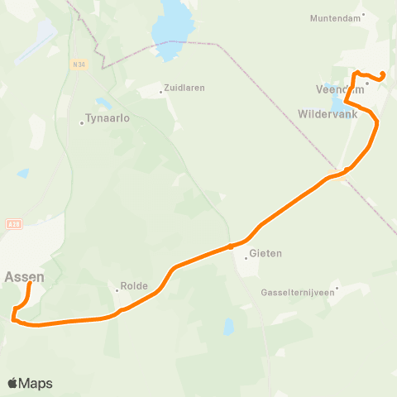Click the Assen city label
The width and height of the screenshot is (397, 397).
25,277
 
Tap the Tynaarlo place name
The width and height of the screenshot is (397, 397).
108,118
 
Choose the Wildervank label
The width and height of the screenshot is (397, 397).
328,113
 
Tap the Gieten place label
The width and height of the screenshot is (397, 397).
265,253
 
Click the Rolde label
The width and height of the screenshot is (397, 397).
134,286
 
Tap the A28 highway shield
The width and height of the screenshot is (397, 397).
12,223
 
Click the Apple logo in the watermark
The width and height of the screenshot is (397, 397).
13,383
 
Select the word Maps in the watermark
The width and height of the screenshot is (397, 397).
36,383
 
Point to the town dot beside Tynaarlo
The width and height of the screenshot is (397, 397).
82,123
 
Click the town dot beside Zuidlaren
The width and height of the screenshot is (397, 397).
162,92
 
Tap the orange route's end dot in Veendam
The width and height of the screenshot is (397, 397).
384,77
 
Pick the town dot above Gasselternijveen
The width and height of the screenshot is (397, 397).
337,289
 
